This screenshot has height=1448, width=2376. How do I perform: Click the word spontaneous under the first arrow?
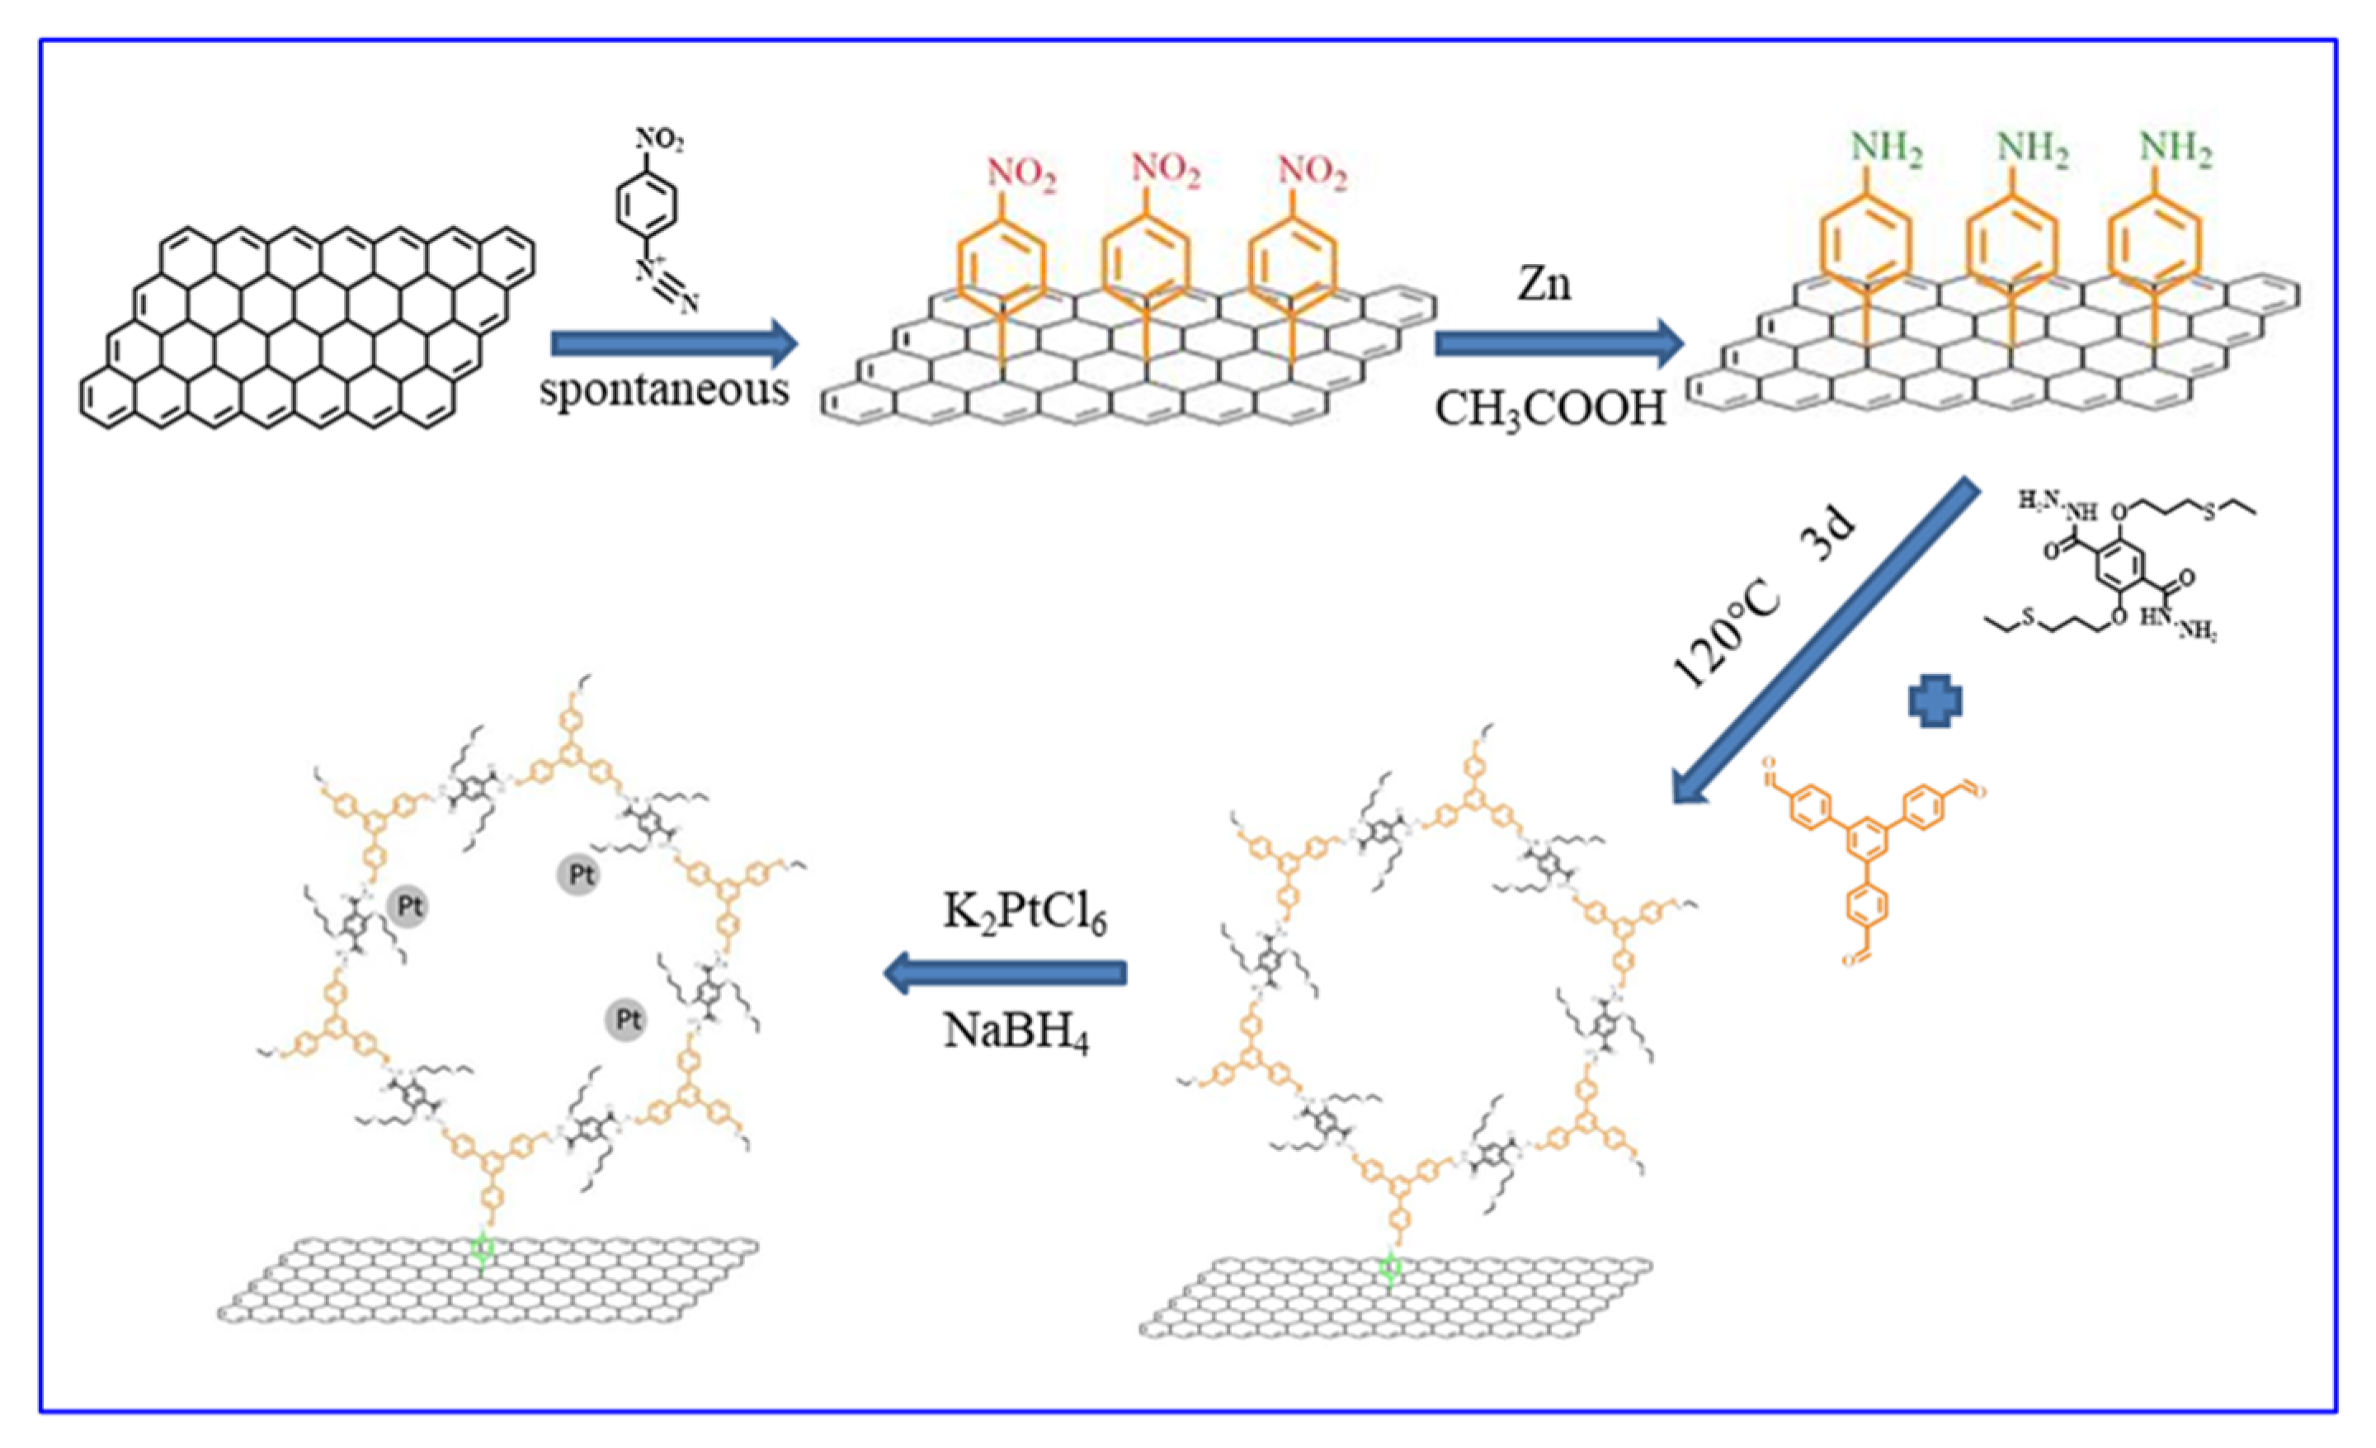pos(663,390)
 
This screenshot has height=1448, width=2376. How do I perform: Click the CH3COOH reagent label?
pos(1550,408)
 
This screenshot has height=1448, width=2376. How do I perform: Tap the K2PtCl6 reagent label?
pos(1024,912)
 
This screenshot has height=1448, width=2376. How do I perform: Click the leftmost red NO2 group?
pos(1021,176)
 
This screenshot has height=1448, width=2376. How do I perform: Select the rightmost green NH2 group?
pos(2176,149)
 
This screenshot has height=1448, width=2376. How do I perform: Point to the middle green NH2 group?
pos(2032,149)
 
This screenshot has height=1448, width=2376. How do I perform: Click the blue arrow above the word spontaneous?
pos(673,343)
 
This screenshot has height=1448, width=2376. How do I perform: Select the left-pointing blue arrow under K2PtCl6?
pos(1004,972)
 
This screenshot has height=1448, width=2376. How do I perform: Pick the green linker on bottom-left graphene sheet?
pos(483,1249)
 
